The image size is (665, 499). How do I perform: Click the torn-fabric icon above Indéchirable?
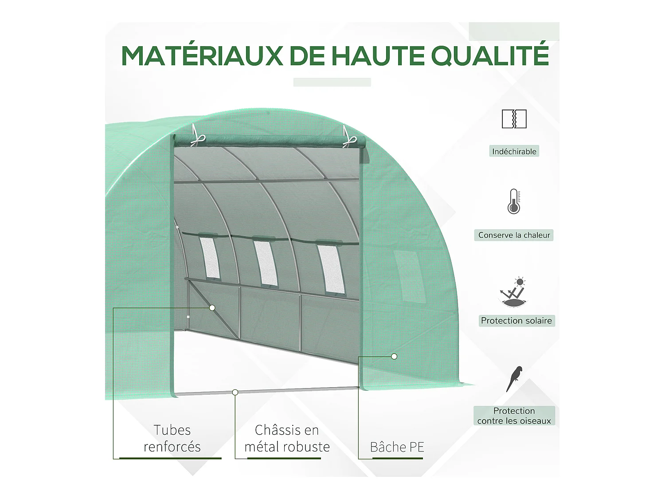pyautogui.click(x=514, y=119)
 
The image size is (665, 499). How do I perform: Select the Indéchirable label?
pyautogui.click(x=514, y=151)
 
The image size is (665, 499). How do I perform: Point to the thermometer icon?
pyautogui.click(x=514, y=202)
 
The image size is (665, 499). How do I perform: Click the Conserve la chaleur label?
pyautogui.click(x=514, y=235)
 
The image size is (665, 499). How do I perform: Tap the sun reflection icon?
pyautogui.click(x=514, y=292)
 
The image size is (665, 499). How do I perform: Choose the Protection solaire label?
pyautogui.click(x=516, y=321)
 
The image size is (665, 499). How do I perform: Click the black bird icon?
pyautogui.click(x=514, y=378)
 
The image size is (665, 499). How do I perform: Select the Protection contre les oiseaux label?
pyautogui.click(x=514, y=416)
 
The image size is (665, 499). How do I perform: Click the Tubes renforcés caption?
pyautogui.click(x=172, y=438)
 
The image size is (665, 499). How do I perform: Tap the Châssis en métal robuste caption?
pyautogui.click(x=287, y=438)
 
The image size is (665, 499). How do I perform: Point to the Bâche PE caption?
pyautogui.click(x=397, y=447)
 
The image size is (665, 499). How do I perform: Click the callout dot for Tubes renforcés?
pyautogui.click(x=212, y=308)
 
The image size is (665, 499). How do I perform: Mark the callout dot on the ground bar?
pyautogui.click(x=235, y=392)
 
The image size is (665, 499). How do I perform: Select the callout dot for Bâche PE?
pyautogui.click(x=394, y=356)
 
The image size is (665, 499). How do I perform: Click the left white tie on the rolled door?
pyautogui.click(x=196, y=137)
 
